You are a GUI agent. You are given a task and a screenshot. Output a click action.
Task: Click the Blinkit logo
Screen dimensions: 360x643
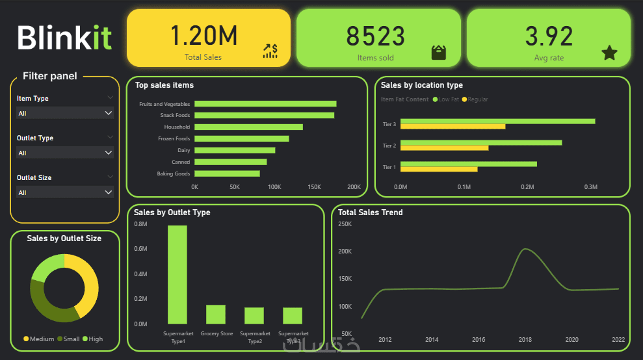(64, 37)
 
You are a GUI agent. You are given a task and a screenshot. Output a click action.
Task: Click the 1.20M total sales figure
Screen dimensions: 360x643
(203, 36)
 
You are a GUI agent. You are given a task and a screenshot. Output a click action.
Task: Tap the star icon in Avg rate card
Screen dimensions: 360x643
(609, 53)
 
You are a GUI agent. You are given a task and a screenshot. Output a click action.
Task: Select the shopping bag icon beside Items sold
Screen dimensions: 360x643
(439, 53)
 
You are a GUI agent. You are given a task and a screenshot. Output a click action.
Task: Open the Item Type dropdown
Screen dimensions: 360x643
(65, 113)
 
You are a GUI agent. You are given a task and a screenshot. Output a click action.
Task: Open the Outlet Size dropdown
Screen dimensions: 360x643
(65, 192)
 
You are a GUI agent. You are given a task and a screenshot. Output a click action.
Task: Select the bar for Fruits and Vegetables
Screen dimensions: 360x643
(265, 104)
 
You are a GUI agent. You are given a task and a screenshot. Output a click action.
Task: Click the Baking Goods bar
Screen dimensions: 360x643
(227, 174)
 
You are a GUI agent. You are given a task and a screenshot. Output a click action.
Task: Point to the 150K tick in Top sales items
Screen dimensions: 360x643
(314, 187)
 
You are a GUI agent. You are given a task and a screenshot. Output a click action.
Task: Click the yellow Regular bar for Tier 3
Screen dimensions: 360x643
(453, 126)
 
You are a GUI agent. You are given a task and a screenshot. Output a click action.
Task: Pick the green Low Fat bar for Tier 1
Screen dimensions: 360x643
(468, 164)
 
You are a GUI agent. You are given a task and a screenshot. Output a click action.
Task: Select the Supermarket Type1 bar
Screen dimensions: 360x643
(177, 275)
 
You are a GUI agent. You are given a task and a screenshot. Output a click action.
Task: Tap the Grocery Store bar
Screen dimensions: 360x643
(216, 315)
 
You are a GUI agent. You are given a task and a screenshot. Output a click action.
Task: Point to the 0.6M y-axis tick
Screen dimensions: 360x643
(140, 249)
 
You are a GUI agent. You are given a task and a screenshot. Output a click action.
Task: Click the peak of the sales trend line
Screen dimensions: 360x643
(525, 249)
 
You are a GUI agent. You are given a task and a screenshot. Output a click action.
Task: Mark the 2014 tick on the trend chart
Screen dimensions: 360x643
(432, 340)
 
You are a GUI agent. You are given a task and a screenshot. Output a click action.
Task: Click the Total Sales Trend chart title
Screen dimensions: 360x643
(370, 212)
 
